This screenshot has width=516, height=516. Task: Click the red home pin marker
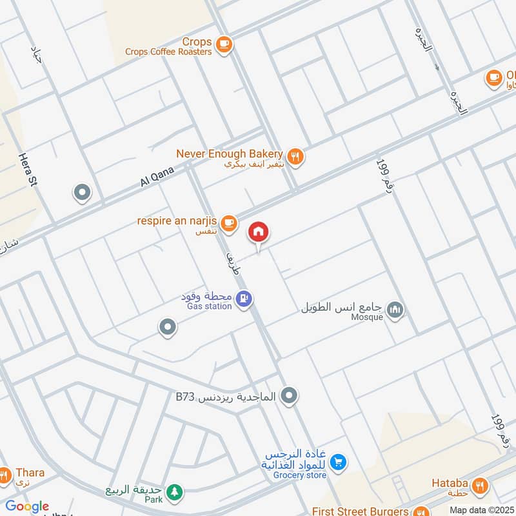[259, 232]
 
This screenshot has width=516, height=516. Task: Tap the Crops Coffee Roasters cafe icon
[224, 44]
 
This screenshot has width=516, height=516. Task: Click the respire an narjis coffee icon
[228, 223]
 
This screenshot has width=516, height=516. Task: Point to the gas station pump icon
[244, 298]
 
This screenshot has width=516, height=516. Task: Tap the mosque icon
[396, 310]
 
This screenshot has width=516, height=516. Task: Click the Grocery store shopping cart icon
[338, 462]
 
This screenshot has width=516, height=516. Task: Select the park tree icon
[174, 493]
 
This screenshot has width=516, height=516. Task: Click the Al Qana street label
[154, 175]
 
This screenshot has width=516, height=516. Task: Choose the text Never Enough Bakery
[230, 154]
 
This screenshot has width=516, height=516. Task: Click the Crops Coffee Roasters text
[168, 52]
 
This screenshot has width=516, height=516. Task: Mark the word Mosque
[367, 317]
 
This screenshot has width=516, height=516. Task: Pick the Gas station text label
[210, 306]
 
